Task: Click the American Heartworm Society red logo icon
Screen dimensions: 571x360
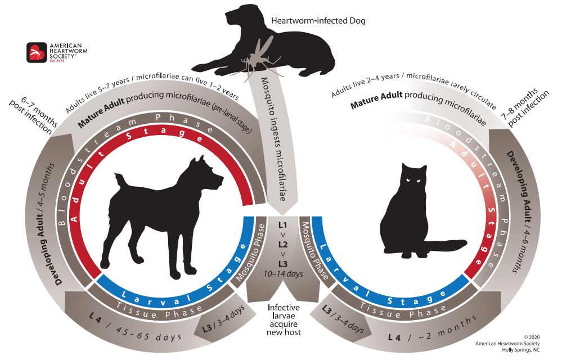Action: [x=37, y=52]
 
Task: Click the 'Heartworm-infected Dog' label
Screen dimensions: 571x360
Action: [x=318, y=21]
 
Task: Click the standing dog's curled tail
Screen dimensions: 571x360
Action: [x=120, y=179]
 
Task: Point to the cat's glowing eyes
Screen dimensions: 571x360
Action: [x=412, y=181]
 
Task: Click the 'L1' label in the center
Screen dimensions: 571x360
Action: [x=283, y=224]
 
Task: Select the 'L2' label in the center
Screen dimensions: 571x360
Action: [x=283, y=244]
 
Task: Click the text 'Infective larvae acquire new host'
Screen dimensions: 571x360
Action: [x=284, y=320]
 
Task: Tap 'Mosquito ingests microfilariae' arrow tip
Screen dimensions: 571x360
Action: [x=282, y=214]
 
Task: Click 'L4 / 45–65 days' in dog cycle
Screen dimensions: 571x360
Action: [x=136, y=330]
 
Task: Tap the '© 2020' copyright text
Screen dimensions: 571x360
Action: [x=532, y=337]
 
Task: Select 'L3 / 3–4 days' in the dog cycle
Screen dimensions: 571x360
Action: [x=223, y=320]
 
